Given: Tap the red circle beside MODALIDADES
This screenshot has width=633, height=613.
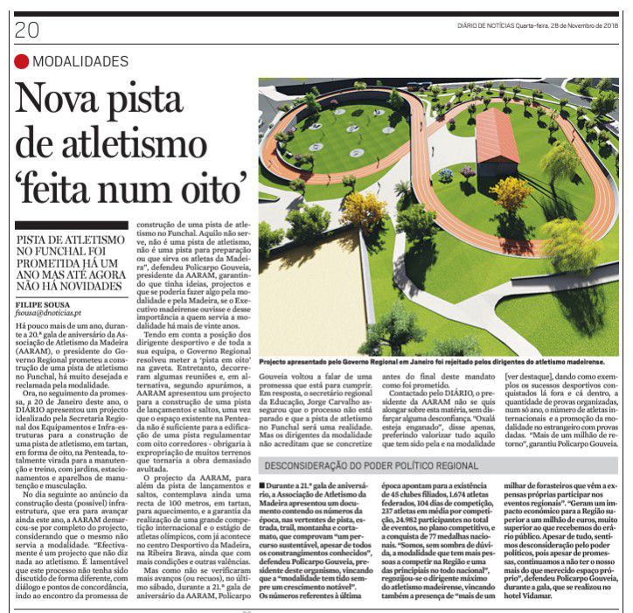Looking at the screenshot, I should click(x=21, y=62).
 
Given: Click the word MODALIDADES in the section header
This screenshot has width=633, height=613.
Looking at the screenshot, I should click(x=80, y=62).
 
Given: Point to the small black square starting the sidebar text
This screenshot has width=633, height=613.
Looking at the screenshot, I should click(x=263, y=484).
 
